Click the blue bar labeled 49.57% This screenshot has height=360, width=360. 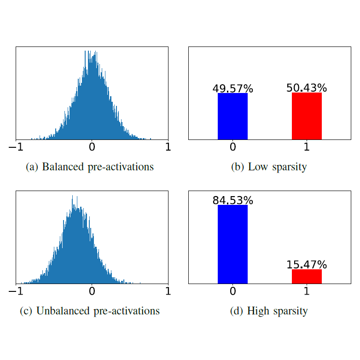click(232, 116)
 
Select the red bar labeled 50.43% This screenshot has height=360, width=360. click(307, 116)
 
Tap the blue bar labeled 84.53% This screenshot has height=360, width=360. click(232, 244)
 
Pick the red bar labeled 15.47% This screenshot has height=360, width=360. click(307, 276)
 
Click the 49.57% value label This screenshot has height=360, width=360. click(232, 88)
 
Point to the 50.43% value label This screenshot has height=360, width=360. click(307, 87)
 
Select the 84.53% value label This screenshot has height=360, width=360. click(232, 200)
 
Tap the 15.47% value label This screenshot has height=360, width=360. click(307, 265)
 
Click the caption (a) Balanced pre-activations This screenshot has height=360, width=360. click(90, 167)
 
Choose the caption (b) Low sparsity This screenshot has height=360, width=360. click(269, 167)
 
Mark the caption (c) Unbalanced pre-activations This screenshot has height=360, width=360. click(90, 311)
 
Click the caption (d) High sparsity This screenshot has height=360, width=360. click(269, 311)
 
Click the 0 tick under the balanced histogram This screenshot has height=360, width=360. click(92, 147)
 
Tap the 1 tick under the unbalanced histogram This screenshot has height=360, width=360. click(168, 291)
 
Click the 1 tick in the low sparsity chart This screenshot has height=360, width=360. click(307, 147)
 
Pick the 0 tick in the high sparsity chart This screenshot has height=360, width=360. click(232, 291)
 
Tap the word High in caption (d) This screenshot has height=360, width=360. click(257, 311)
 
